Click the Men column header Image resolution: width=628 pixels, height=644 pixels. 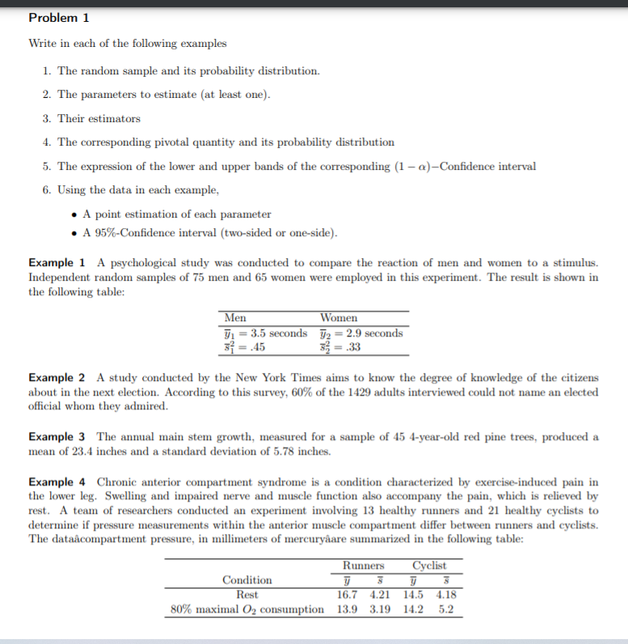pos(236,318)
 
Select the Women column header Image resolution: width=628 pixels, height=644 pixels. pos(339,318)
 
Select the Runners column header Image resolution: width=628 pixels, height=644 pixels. pos(364,566)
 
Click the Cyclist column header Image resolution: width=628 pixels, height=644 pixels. pos(429,566)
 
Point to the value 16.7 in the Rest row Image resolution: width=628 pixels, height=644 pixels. pos(347,594)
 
